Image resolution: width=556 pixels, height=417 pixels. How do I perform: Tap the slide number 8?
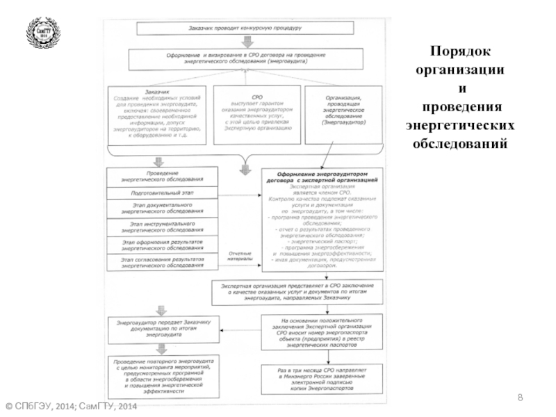[x=519, y=396]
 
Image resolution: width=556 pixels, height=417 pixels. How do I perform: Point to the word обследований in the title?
[x=460, y=145]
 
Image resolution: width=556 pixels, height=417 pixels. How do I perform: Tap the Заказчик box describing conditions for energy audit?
[x=156, y=115]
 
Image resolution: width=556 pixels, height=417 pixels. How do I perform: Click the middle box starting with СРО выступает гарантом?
[x=257, y=115]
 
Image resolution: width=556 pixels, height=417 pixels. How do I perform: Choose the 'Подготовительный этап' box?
[x=162, y=193]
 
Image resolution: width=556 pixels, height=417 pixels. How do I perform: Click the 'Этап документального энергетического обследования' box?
[x=162, y=208]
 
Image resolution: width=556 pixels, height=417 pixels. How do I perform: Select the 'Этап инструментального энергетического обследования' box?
[x=162, y=227]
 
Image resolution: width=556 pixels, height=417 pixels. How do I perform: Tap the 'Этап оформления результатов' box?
[x=162, y=244]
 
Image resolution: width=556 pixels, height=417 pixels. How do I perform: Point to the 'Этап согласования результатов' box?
[x=162, y=262]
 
